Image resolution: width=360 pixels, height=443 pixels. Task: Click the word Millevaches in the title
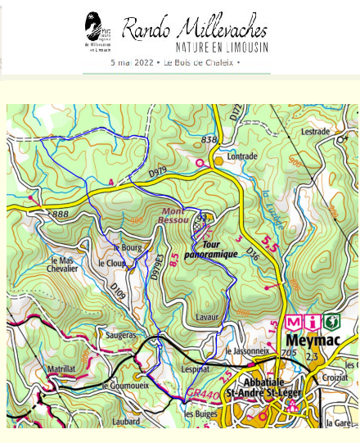(x=220, y=29)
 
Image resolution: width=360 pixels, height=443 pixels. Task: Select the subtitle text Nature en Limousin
(x=220, y=48)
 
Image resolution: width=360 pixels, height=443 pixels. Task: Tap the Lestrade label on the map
(x=315, y=131)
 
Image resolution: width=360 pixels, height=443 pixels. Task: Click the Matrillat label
(x=61, y=369)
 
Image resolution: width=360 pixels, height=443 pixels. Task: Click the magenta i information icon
(x=312, y=322)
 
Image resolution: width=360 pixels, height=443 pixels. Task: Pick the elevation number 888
(x=60, y=214)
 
